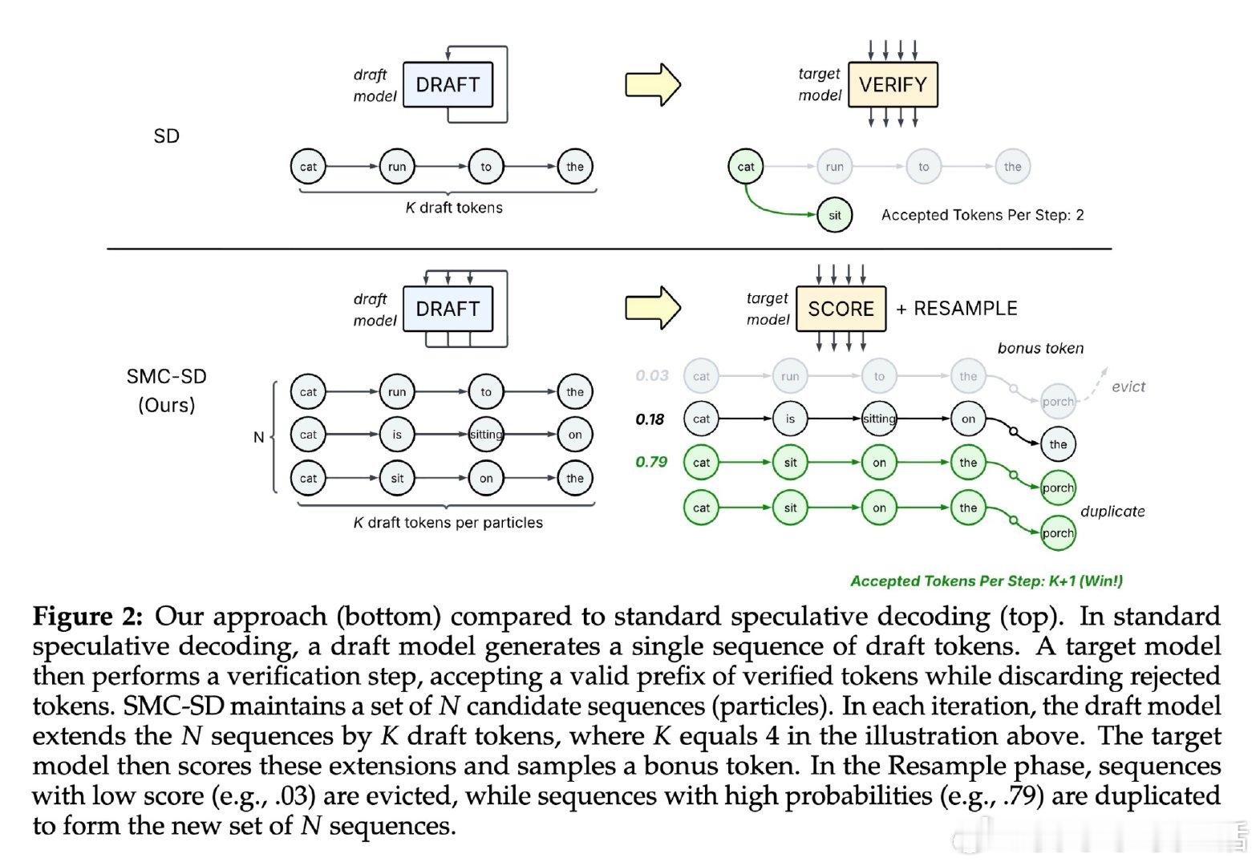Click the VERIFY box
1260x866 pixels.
point(892,85)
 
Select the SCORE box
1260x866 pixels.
point(841,309)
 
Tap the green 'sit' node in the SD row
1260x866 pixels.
point(834,215)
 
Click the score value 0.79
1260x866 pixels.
point(651,462)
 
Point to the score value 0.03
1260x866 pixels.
point(651,375)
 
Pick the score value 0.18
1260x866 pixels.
point(650,419)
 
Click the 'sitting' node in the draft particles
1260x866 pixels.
point(486,435)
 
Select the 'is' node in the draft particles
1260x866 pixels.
point(397,435)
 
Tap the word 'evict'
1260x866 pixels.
point(1128,386)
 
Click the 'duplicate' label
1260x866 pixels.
point(1112,512)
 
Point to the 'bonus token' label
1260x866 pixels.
point(1040,348)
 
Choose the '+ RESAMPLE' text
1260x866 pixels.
point(956,309)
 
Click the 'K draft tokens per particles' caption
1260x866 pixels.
point(448,523)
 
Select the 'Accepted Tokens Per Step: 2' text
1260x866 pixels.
point(982,215)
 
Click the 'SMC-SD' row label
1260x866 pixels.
point(166,377)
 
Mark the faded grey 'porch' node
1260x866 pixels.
point(1057,402)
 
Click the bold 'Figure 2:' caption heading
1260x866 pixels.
point(87,617)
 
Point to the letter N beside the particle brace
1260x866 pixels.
point(258,437)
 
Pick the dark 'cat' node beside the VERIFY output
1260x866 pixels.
point(746,167)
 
